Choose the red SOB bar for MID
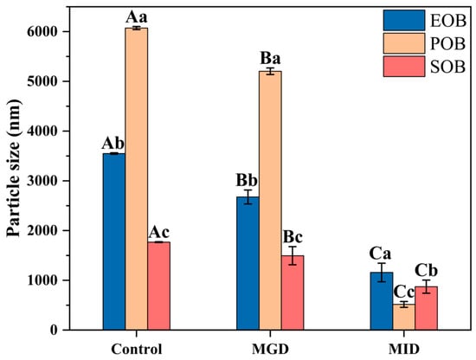coord(427,308)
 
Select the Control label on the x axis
coord(136,348)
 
